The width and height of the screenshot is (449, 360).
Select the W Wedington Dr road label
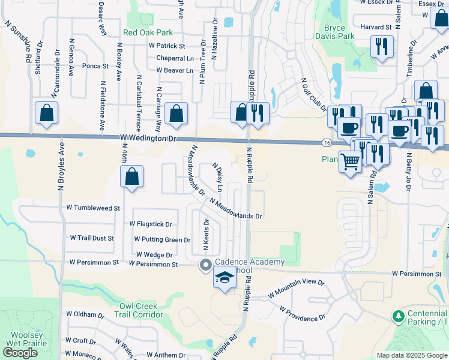149,139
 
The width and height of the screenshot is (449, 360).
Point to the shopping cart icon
351,160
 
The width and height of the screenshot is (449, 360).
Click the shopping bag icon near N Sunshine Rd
47,113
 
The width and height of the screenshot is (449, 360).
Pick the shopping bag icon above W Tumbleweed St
132,177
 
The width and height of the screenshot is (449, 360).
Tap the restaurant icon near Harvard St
382,46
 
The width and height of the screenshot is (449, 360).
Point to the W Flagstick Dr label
151,224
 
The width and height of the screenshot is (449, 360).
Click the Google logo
20,353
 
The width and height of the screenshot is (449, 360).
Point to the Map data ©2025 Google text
411,355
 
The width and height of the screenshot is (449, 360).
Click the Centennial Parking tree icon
397,316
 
